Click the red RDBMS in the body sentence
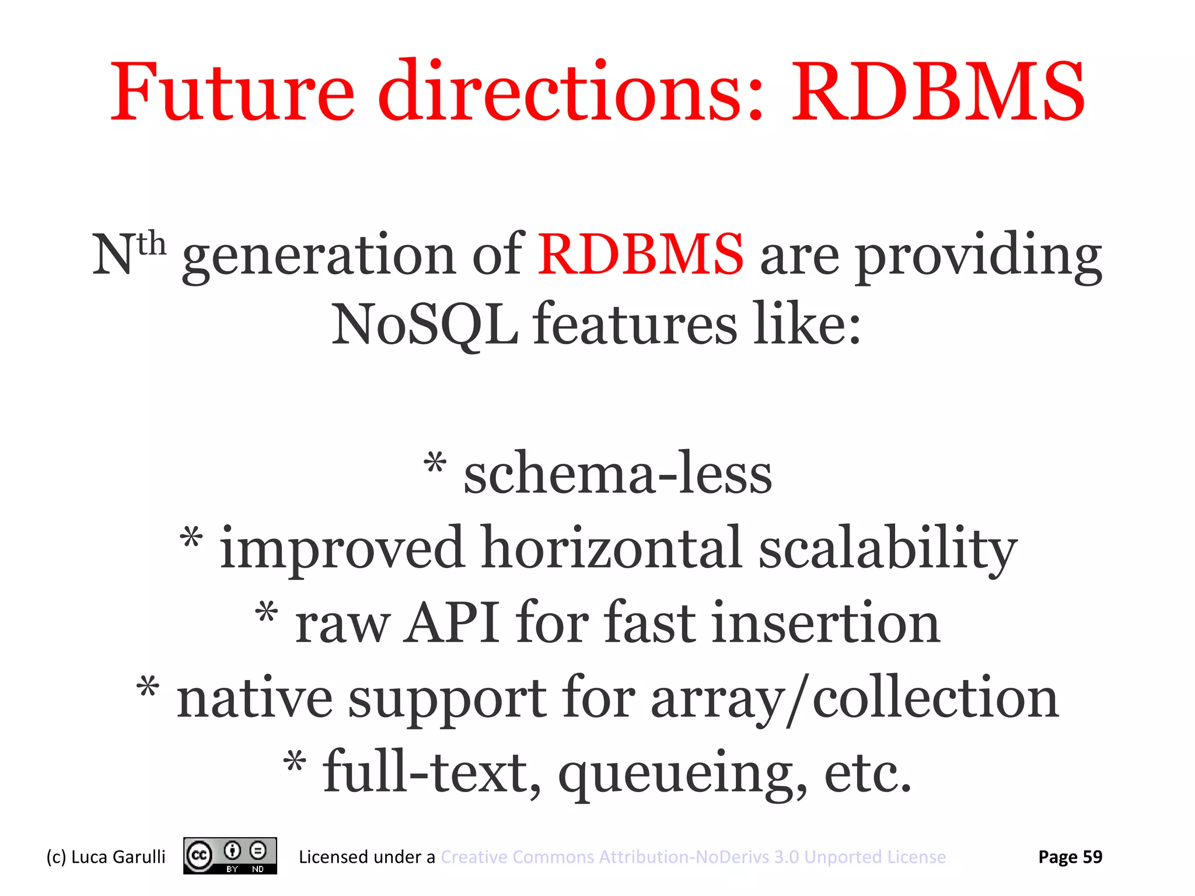[640, 254]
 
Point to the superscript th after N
[152, 243]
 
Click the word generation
[319, 257]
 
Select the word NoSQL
[425, 324]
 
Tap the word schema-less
[618, 474]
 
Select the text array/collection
[854, 699]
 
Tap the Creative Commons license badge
[230, 856]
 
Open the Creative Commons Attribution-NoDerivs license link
[693, 857]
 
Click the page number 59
[1092, 857]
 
